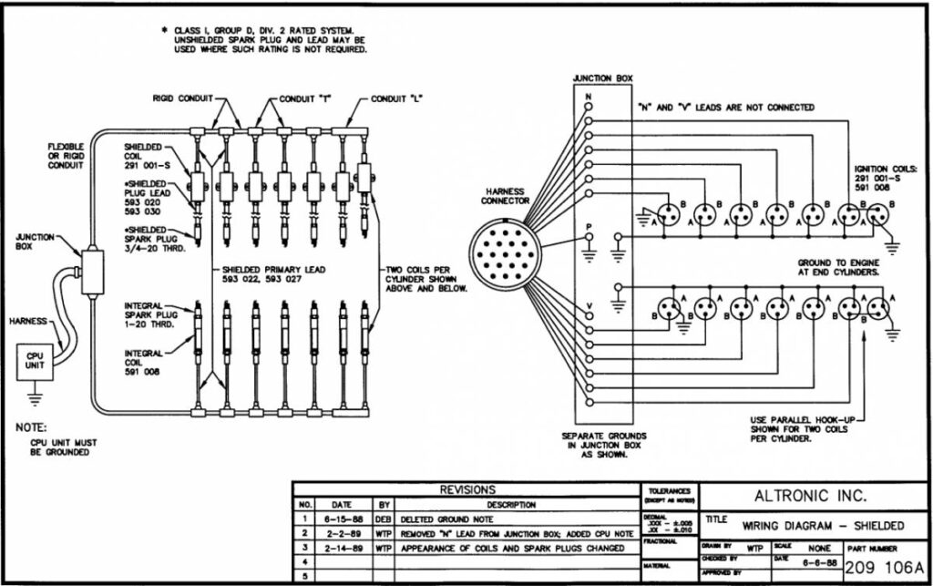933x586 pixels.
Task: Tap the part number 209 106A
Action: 884,570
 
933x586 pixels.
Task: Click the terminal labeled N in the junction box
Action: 588,106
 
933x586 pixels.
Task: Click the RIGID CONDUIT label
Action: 180,98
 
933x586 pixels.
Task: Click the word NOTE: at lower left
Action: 32,427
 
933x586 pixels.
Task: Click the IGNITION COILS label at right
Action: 885,169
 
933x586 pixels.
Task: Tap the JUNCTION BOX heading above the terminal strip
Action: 602,78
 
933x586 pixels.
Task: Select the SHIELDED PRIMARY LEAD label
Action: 279,272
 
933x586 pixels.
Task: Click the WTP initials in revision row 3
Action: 383,548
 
